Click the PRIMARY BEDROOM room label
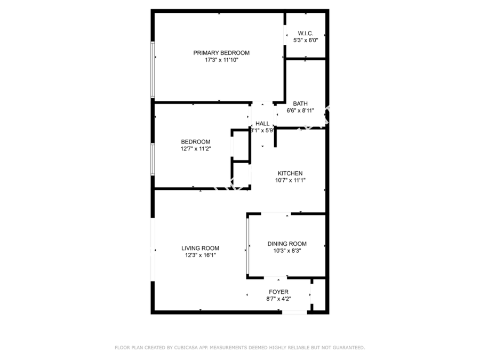(221, 53)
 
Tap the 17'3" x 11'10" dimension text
(221, 60)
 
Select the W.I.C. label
(306, 34)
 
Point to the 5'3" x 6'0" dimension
(306, 40)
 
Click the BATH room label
(300, 104)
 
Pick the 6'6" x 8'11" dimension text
(300, 110)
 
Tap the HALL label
(262, 124)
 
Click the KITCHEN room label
(290, 173)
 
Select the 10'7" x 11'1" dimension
(290, 180)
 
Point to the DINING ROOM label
(287, 244)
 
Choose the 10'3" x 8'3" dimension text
(287, 251)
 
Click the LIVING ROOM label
(200, 248)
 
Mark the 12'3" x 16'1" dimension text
(200, 255)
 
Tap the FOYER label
(278, 292)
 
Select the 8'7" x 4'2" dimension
(278, 299)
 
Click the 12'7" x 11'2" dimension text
(196, 149)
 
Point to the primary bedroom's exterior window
(153, 70)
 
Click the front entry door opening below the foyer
(294, 312)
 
